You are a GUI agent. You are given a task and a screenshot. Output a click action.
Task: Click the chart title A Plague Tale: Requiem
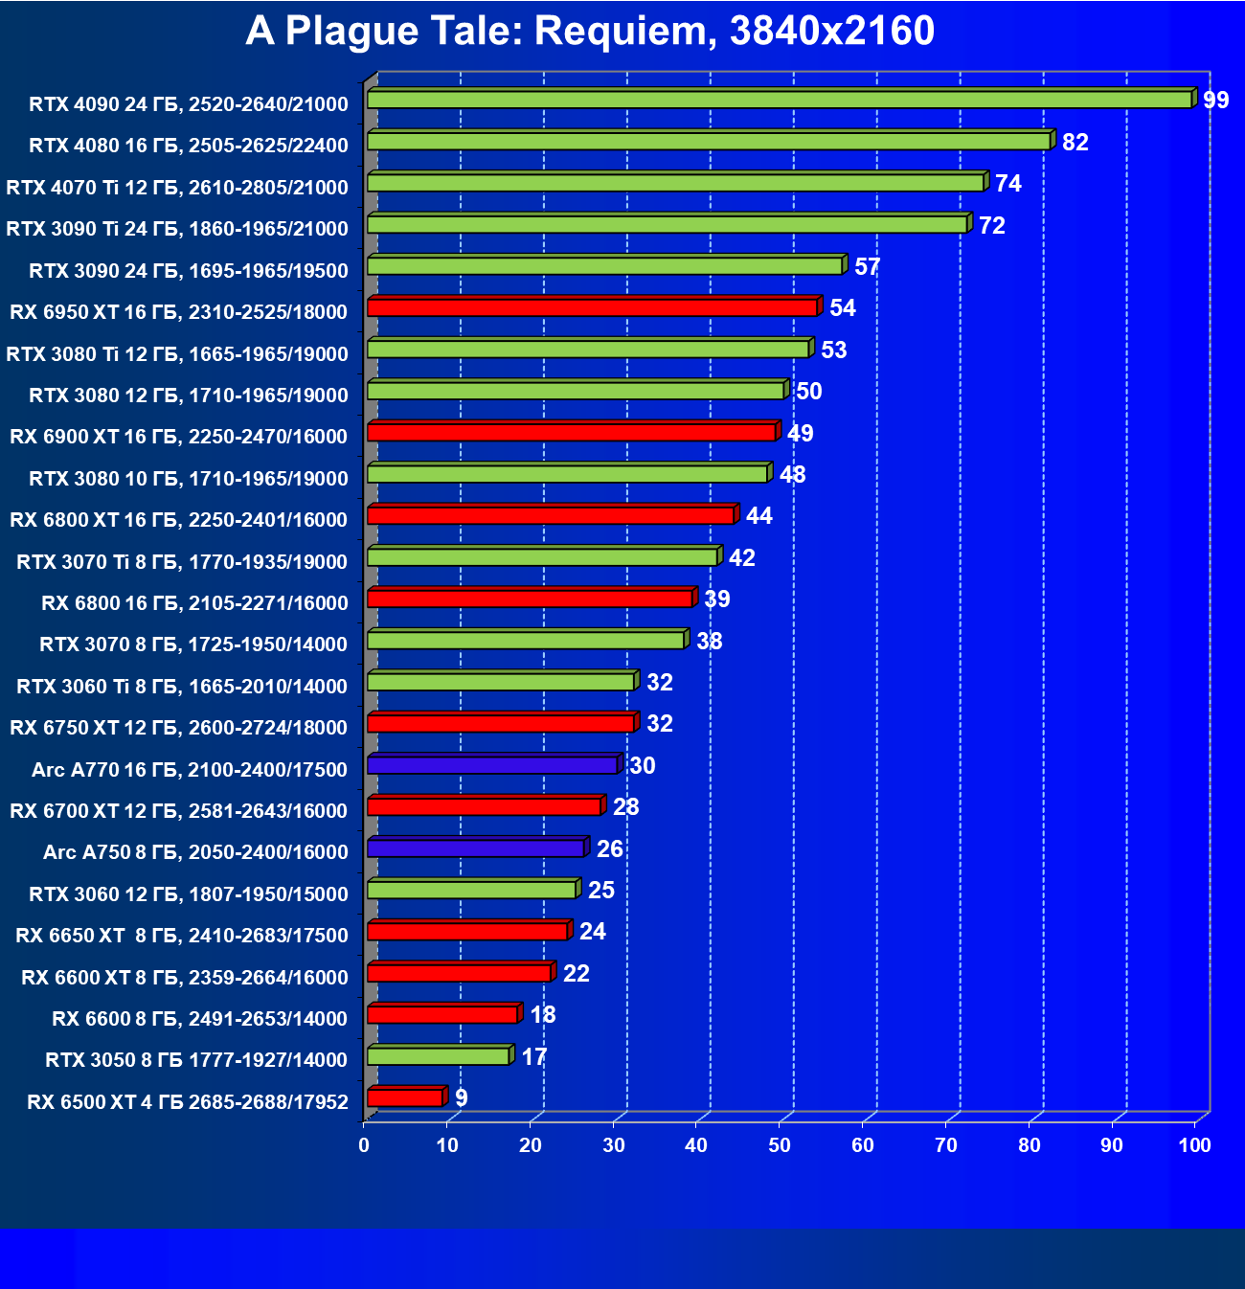589,32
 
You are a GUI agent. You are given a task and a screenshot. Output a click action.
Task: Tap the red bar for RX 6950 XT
592,307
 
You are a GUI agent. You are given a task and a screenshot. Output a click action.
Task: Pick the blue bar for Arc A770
492,765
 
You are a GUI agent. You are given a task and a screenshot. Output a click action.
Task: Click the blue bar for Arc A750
476,848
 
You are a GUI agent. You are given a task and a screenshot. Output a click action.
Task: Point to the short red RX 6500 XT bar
405,1097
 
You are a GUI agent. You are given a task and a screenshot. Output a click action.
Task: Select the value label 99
1215,101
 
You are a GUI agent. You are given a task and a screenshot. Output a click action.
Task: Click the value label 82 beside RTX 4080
1075,143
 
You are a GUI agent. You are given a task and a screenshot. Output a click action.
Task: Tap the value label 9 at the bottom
462,1098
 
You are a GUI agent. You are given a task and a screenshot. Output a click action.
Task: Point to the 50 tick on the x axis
780,1145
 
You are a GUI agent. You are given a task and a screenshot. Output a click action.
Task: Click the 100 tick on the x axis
1194,1145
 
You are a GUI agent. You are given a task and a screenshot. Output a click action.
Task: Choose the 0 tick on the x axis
364,1145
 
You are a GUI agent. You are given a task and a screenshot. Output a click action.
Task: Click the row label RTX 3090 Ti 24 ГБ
177,229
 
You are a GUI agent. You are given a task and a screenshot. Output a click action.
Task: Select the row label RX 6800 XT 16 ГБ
178,520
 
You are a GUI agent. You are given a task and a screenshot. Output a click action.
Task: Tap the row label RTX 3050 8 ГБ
196,1060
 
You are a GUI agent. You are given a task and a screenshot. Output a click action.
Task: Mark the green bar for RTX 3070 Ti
542,557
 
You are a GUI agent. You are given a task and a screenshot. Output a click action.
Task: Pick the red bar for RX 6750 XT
501,723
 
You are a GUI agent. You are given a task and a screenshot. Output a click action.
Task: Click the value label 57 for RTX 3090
867,267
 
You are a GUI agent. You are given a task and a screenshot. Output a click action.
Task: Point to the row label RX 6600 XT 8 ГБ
185,977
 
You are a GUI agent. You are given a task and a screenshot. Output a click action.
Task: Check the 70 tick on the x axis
946,1145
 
